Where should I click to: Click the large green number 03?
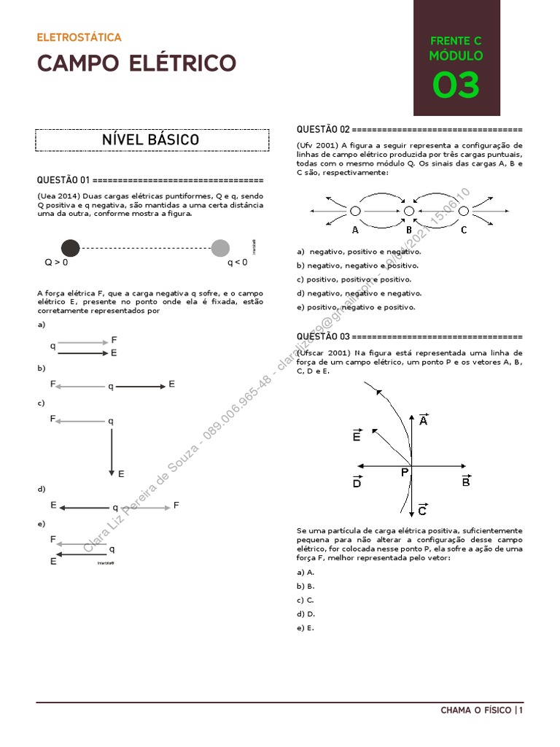[456, 85]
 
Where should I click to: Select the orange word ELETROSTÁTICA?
[79, 37]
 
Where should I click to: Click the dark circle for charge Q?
[71, 248]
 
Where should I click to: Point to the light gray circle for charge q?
[220, 248]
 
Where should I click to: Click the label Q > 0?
[56, 262]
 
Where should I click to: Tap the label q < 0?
[238, 262]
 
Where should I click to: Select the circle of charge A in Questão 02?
[355, 211]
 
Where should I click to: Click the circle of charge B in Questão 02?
[409, 211]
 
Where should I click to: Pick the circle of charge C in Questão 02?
[464, 211]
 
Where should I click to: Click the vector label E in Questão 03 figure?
[357, 436]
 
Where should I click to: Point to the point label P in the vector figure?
[405, 473]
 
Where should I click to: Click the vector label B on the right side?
[466, 481]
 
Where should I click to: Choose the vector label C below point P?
[422, 511]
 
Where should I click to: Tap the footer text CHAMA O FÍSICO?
[476, 710]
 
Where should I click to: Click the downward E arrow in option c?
[111, 449]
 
